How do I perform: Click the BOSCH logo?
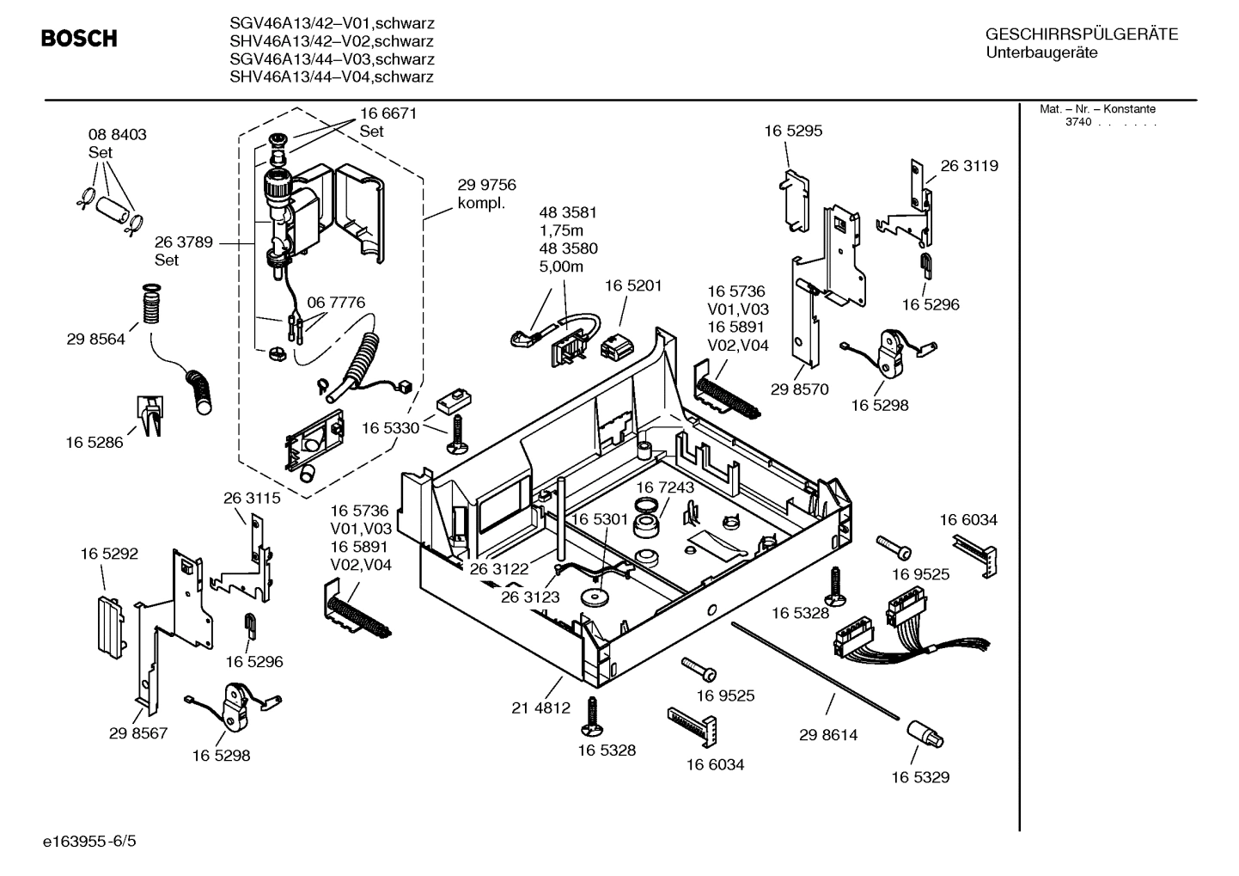79,39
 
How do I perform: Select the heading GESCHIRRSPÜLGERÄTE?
1081,35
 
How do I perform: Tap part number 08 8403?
117,135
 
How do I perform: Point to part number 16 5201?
633,285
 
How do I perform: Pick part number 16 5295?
793,131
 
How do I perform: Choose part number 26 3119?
969,166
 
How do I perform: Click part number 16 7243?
665,487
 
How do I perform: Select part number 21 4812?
540,708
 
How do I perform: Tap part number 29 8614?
828,735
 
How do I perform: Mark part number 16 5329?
920,777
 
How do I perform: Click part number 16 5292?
109,554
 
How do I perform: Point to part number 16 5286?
95,443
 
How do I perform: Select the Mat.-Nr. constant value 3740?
1078,122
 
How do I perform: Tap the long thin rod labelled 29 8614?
816,671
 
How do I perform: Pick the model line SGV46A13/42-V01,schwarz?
332,23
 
